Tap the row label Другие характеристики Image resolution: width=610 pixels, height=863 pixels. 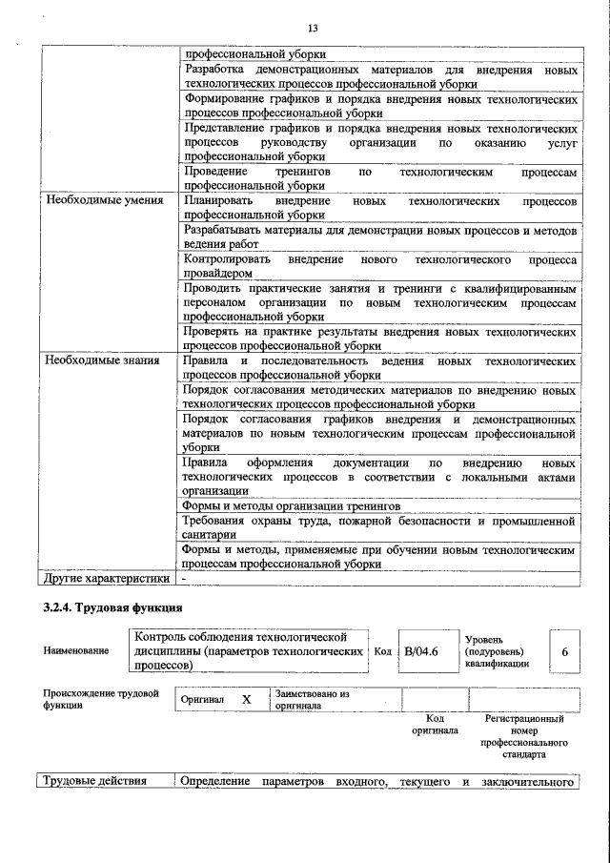[105, 578]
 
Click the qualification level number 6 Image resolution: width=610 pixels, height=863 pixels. [564, 652]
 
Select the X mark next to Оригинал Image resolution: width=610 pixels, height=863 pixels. [246, 700]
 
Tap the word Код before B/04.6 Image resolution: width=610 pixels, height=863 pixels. [382, 651]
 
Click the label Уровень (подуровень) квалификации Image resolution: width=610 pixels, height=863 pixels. [494, 650]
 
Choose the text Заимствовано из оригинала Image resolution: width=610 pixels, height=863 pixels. [312, 700]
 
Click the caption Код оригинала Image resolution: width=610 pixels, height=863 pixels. [435, 724]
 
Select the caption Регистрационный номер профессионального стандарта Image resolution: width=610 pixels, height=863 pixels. [524, 735]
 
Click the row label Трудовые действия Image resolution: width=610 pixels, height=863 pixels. [91, 782]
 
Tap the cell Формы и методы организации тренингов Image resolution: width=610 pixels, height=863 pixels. [291, 505]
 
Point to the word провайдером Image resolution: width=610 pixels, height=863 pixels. [218, 272]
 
